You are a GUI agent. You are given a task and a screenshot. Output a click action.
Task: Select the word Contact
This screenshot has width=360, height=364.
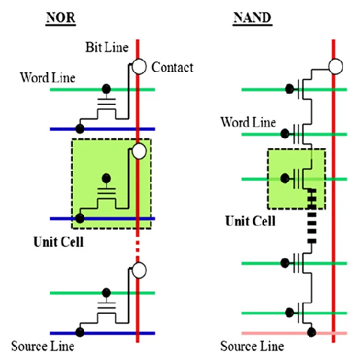[172, 67]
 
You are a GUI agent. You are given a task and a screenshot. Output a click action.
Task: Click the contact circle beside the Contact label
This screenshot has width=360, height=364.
[139, 67]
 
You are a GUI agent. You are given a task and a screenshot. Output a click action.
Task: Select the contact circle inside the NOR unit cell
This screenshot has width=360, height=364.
[139, 152]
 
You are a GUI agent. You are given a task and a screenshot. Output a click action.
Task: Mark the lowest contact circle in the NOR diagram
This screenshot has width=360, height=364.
[139, 268]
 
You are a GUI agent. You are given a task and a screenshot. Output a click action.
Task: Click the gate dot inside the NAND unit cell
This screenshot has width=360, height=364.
[285, 178]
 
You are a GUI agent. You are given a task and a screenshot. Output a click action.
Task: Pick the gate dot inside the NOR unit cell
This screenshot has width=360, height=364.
[106, 179]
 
